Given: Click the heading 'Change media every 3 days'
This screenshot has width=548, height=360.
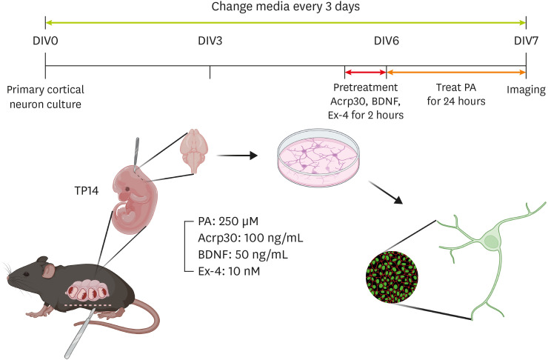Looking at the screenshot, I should [284, 7].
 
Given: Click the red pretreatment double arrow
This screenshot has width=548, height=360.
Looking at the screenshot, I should [366, 73].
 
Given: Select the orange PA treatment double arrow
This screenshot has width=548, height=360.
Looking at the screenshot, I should [456, 73].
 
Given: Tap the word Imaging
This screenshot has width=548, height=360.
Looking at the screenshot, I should [526, 90].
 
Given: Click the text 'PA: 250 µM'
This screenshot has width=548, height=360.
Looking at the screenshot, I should [220, 223].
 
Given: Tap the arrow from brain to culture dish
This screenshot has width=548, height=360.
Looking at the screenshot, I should [238, 155].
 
